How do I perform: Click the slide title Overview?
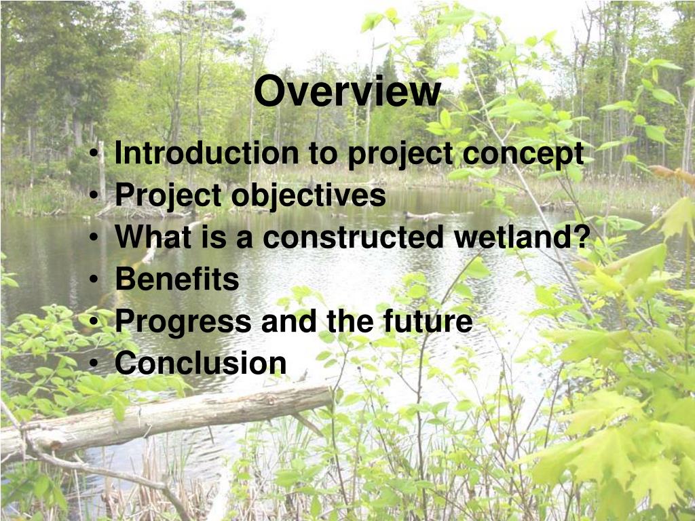click(x=347, y=92)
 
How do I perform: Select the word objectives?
click(x=308, y=197)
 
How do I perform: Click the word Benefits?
click(x=177, y=279)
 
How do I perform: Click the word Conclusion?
click(x=200, y=363)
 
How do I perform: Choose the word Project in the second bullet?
click(x=168, y=197)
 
